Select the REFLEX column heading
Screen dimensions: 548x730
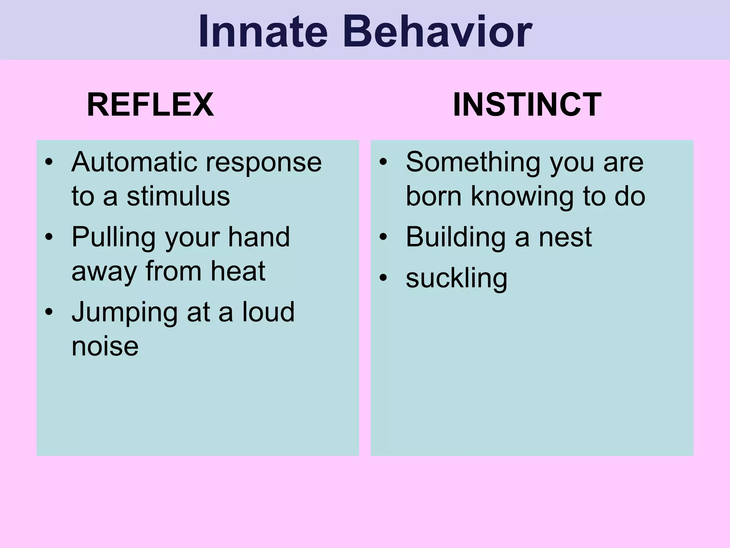(x=150, y=105)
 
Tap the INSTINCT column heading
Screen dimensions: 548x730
(x=527, y=105)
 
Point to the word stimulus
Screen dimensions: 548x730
(x=178, y=196)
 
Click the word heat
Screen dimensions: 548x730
(x=238, y=271)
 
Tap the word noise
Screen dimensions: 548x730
(x=105, y=346)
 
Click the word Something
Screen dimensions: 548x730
(x=473, y=162)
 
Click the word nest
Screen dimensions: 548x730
(x=565, y=237)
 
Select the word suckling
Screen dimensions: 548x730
(x=456, y=279)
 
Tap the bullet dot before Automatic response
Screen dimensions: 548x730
(x=49, y=162)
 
